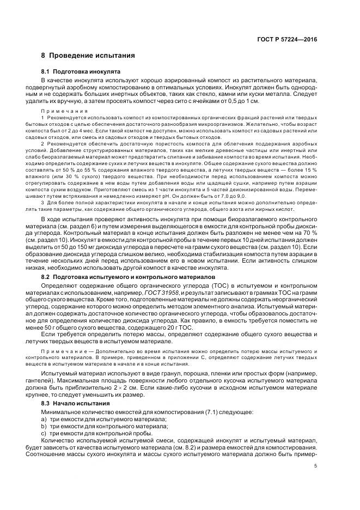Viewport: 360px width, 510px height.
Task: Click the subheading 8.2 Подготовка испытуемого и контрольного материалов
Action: point(125,277)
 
